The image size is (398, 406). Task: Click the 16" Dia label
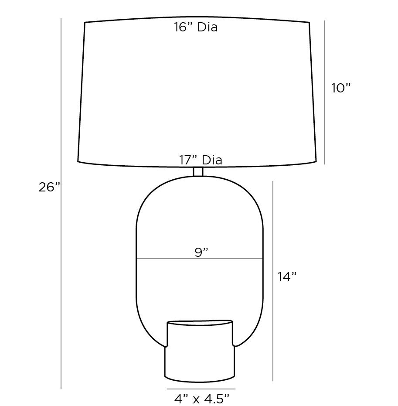[x=196, y=27]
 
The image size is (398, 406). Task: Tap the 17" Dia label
[x=201, y=160]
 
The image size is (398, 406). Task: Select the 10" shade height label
[x=340, y=88]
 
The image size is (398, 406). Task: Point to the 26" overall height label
[x=49, y=188]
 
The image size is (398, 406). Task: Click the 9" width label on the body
[x=201, y=252]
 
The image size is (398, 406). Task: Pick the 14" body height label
[x=287, y=276]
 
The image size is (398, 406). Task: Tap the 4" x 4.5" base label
[x=201, y=398]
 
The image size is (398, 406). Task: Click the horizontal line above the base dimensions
[x=201, y=389]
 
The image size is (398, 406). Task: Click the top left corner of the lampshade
[x=84, y=22]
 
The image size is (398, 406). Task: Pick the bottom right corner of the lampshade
[x=316, y=162]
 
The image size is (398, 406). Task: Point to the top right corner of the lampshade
[x=309, y=22]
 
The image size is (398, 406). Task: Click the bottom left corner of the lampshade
[x=78, y=161]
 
